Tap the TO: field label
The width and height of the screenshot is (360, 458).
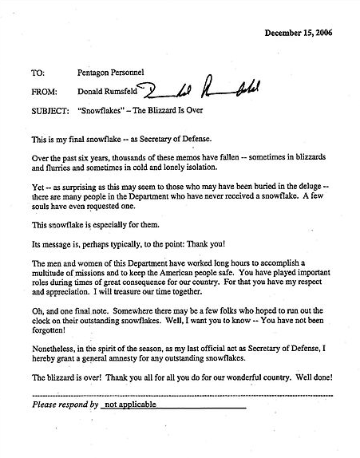click(x=38, y=73)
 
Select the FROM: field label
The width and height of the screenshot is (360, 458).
click(x=44, y=91)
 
